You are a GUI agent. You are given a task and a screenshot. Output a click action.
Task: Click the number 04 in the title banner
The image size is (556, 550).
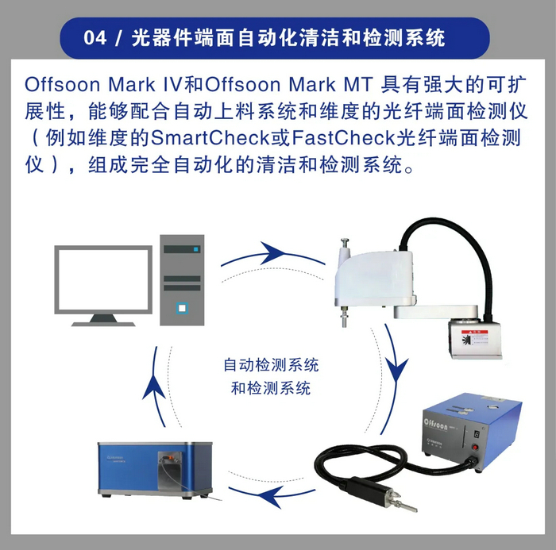[x=95, y=37]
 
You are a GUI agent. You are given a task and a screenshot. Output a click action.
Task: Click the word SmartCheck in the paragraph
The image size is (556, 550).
[x=210, y=138]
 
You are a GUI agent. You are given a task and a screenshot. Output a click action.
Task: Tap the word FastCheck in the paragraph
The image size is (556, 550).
[x=344, y=138]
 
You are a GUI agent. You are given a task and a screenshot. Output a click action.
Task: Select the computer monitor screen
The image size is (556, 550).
[x=103, y=280]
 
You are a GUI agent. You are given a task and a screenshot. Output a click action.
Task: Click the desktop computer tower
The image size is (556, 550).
[x=182, y=280]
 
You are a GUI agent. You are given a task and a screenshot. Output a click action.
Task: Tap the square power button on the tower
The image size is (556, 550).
[x=182, y=308]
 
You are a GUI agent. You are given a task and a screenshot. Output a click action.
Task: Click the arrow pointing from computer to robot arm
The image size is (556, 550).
[x=272, y=255]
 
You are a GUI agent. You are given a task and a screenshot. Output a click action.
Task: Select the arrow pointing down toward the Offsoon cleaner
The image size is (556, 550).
[x=393, y=379]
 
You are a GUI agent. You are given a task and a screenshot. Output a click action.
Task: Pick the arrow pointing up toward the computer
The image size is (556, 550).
[x=156, y=387]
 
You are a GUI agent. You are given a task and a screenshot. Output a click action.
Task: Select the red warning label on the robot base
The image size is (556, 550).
[x=474, y=338]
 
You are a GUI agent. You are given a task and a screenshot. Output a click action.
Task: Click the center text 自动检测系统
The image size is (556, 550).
[x=272, y=365]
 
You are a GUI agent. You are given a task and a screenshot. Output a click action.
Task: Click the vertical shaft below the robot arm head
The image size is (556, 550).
[x=344, y=316]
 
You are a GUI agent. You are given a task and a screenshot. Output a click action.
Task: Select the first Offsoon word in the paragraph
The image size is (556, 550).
[x=63, y=85]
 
